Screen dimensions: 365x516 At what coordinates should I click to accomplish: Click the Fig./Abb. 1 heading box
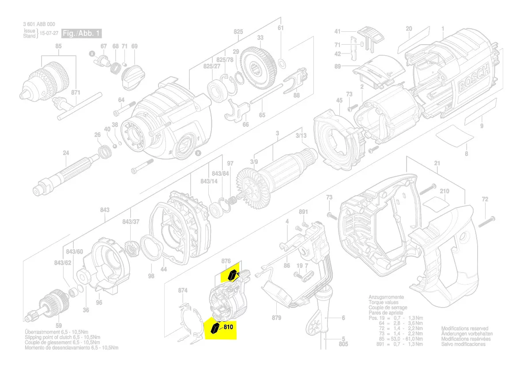pyautogui.click(x=82, y=34)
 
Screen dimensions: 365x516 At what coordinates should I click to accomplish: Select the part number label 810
pyautogui.click(x=228, y=327)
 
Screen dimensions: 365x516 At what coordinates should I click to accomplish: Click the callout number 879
pyautogui.click(x=277, y=317)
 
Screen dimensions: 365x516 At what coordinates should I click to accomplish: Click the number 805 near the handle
pyautogui.click(x=343, y=343)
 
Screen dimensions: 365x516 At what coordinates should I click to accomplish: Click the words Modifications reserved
pyautogui.click(x=465, y=329)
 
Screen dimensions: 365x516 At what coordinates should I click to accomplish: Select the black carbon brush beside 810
pyautogui.click(x=215, y=328)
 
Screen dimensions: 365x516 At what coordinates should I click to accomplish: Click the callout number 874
pyautogui.click(x=183, y=290)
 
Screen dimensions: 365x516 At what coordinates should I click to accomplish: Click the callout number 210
pyautogui.click(x=445, y=191)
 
